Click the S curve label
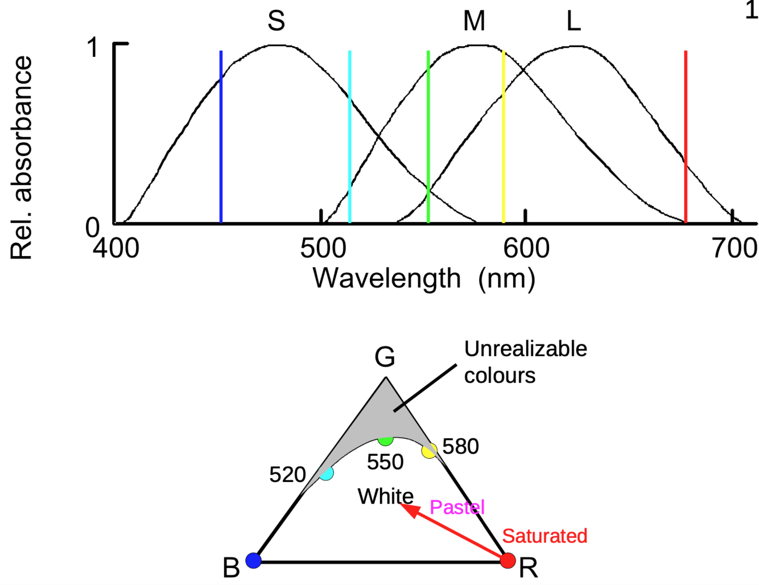click(276, 21)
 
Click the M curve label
click(474, 21)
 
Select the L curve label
click(574, 21)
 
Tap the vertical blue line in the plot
click(221, 137)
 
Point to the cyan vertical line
click(349, 137)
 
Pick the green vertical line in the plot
click(428, 137)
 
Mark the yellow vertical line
click(504, 137)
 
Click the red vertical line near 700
click(686, 137)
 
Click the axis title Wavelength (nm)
click(424, 279)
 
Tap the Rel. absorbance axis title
click(22, 158)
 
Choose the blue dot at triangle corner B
click(253, 561)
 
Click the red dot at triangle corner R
click(508, 561)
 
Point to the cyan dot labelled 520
click(326, 473)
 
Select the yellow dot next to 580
click(429, 451)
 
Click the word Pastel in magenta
click(457, 507)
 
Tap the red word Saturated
click(544, 536)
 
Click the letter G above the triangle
click(385, 357)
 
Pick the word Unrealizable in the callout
click(525, 349)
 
